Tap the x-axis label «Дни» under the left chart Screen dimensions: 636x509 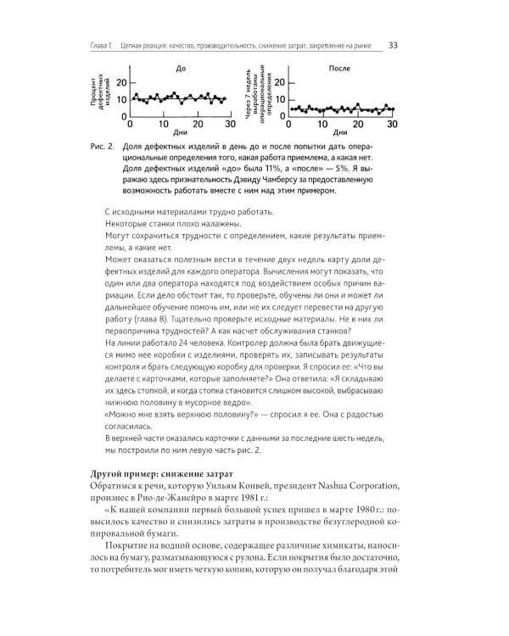click(x=179, y=134)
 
